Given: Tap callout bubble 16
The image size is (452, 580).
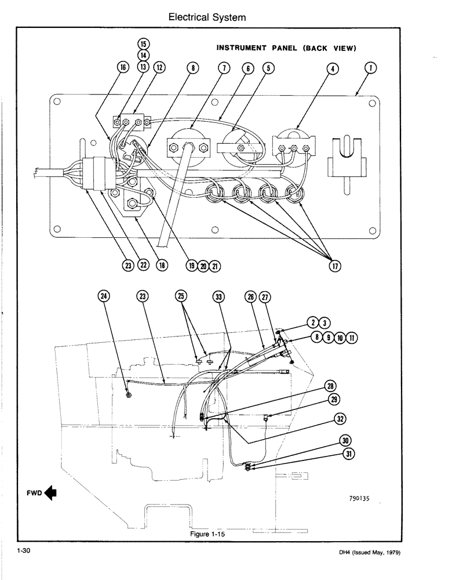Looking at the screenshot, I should [x=122, y=68].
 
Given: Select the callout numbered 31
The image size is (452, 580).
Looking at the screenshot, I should [x=348, y=454].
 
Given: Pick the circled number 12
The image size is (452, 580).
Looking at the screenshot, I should [x=158, y=68].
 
